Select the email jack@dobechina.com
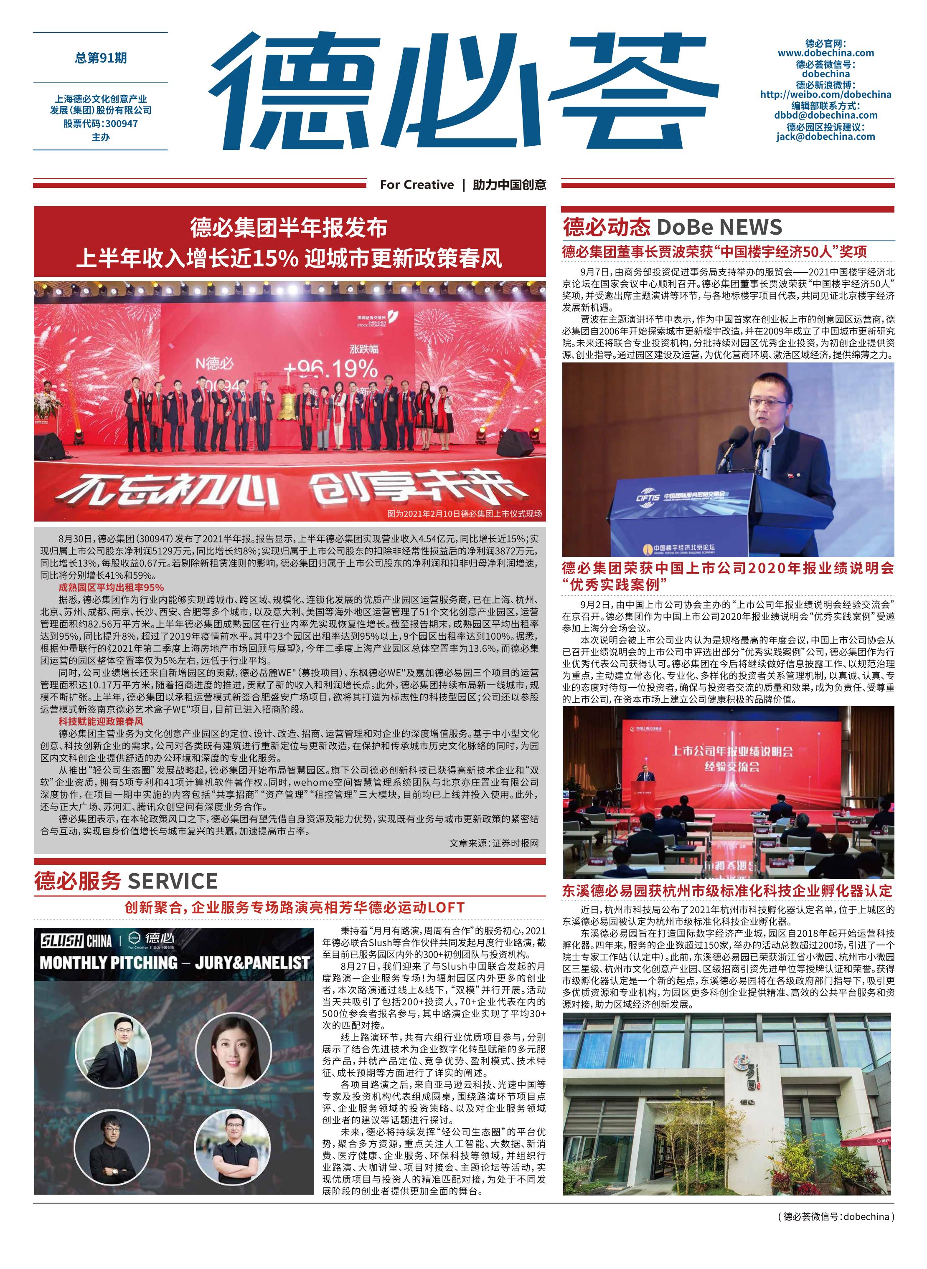click(x=825, y=136)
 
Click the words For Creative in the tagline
click(x=417, y=185)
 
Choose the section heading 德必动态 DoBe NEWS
click(x=672, y=227)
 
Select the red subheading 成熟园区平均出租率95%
click(x=111, y=587)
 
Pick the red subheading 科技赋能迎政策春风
click(x=101, y=721)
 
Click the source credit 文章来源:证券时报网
click(x=494, y=843)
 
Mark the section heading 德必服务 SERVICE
click(x=126, y=881)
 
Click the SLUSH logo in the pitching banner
click(x=62, y=940)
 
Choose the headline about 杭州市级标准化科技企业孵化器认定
click(x=727, y=891)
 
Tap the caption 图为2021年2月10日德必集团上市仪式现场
click(x=465, y=514)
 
